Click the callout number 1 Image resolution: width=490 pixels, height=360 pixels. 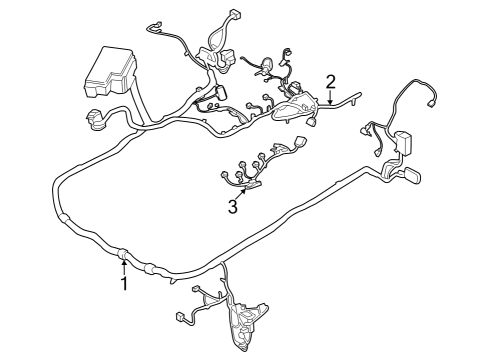point(125,284)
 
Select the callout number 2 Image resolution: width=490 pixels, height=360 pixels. point(330,80)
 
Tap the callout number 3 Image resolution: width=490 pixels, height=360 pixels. point(233,207)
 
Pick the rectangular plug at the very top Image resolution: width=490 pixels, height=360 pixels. point(237,16)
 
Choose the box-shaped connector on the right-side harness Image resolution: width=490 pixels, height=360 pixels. point(405,140)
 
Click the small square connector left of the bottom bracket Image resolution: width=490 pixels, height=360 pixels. point(181,317)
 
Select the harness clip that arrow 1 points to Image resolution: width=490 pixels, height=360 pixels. point(123,254)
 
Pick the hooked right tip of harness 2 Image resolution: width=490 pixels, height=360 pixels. point(357,96)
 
